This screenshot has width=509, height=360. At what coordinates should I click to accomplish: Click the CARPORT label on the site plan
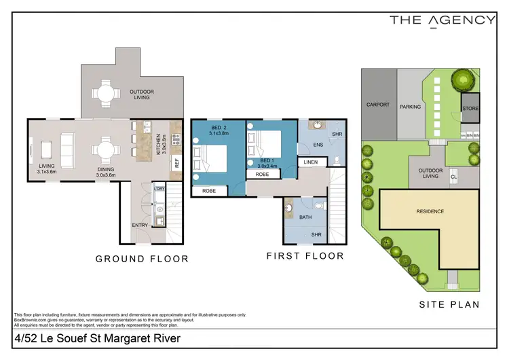tap(377, 105)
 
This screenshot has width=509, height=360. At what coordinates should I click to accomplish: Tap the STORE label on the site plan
tap(470, 109)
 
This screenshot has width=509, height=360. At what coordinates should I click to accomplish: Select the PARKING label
tap(410, 107)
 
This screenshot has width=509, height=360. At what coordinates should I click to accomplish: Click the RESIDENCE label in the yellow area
tap(430, 211)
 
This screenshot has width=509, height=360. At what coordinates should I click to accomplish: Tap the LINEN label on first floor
tap(311, 162)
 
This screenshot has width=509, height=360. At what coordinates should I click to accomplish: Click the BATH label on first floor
tap(305, 217)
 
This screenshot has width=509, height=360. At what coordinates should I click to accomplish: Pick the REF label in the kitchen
tap(176, 163)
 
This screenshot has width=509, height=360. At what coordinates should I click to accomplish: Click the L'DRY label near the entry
tap(159, 187)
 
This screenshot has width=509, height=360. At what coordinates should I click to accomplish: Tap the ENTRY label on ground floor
tap(140, 225)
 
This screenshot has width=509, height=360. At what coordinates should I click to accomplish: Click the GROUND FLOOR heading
tap(142, 259)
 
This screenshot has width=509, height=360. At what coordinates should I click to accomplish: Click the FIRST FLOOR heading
tap(305, 256)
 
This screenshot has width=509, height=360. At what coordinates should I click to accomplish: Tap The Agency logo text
tap(442, 20)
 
